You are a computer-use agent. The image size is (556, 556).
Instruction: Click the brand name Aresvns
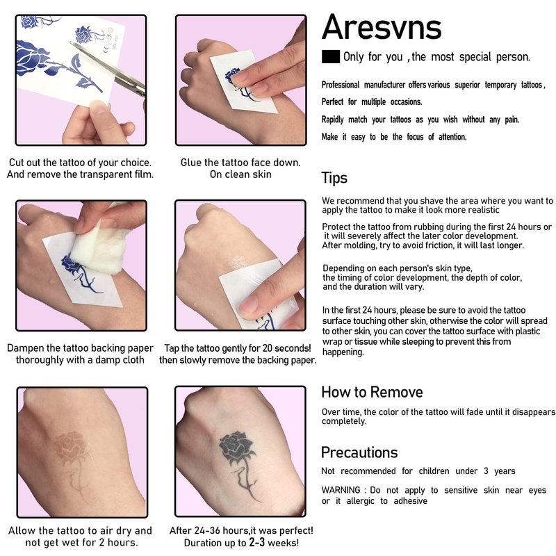pos(382,27)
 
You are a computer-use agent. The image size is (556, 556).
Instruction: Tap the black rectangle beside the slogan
pos(331,57)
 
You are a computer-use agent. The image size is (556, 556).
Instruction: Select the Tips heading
pos(334,178)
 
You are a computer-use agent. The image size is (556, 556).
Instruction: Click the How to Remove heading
pos(372,392)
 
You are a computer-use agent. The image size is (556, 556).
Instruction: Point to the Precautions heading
pos(359,452)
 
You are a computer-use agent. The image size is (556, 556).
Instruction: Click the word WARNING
pos(341,490)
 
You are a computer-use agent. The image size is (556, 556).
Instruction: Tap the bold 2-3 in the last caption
pos(256,542)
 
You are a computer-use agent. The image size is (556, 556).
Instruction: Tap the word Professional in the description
pos(341,85)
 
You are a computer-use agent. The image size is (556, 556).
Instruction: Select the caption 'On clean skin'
pos(240,174)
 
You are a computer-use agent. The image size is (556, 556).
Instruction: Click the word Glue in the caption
pos(190,163)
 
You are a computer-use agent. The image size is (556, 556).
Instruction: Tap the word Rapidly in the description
pos(333,120)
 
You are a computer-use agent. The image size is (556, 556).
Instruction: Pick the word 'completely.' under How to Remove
pos(344,421)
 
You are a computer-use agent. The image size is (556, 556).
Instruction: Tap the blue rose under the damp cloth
pos(71,264)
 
